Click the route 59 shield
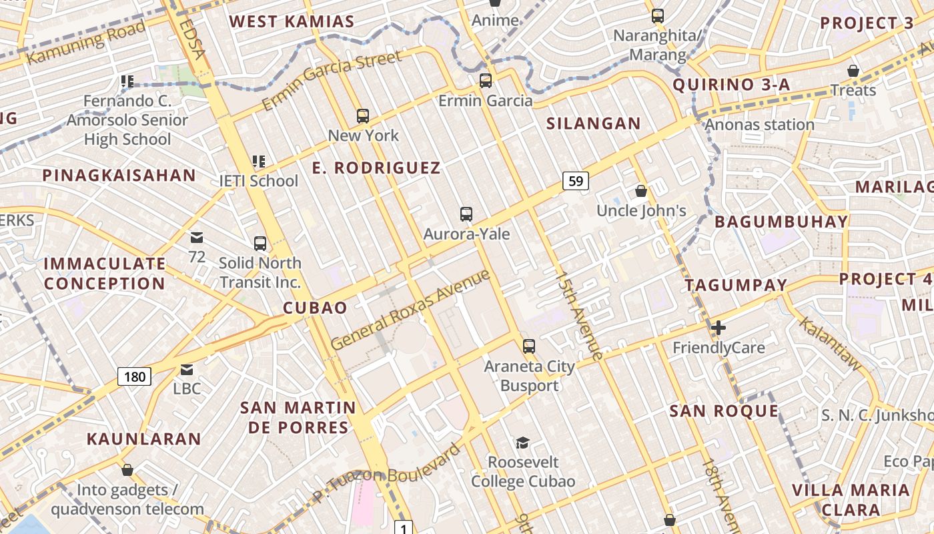coord(575,180)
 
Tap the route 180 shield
coord(134,376)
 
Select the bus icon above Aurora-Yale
coord(466,214)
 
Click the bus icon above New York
coord(363,116)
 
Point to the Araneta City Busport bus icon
coord(529,346)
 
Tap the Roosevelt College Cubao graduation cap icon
coord(522,443)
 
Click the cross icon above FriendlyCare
coord(719,328)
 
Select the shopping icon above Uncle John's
coord(641,191)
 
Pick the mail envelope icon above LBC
coord(186,369)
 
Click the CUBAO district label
coord(315,308)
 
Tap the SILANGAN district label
coord(593,123)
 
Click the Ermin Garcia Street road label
coord(332,80)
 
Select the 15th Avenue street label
coord(580,315)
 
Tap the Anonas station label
coord(759,125)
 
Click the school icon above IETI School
coord(259,161)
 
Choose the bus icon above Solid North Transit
coord(260,243)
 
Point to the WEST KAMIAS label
coord(292,21)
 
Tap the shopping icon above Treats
coord(853,71)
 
